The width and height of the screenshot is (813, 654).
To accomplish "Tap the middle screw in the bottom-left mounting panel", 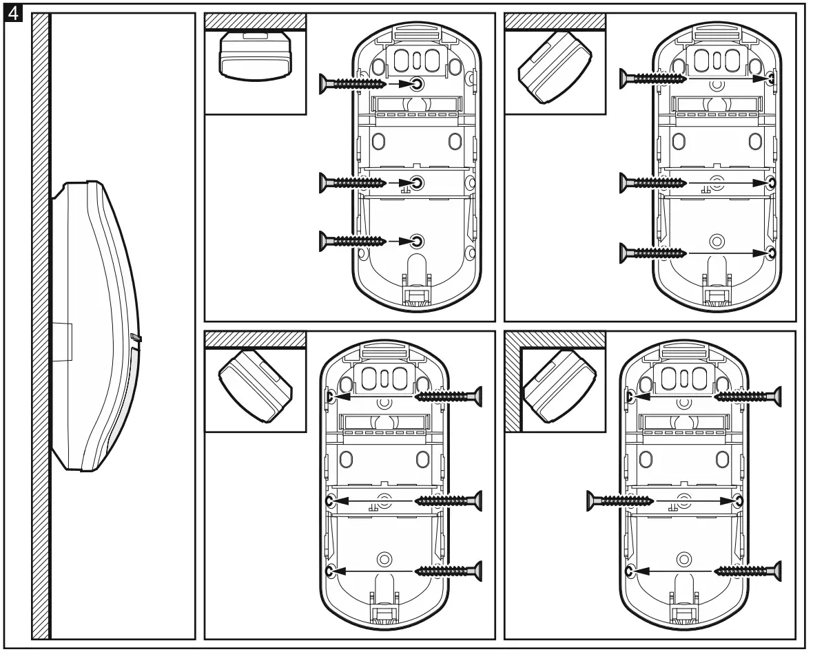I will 448,500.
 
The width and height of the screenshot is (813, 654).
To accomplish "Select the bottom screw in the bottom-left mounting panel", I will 448,570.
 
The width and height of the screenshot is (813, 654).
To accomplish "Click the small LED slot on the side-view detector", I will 134,338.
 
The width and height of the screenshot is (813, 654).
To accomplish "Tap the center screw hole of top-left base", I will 418,182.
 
